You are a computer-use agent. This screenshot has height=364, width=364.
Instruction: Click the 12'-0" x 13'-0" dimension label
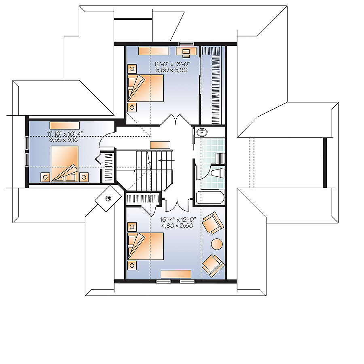click(x=172, y=64)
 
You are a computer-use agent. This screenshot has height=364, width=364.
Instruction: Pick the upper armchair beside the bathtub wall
click(x=212, y=223)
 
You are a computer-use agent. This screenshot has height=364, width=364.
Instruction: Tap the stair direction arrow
click(x=166, y=160)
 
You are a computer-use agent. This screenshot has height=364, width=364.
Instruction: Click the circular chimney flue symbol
click(x=108, y=198)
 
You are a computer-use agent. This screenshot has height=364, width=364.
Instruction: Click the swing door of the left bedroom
click(x=107, y=140)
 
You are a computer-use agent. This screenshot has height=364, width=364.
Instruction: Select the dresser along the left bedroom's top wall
click(x=65, y=125)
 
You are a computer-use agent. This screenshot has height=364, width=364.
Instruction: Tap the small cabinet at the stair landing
click(x=160, y=145)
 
